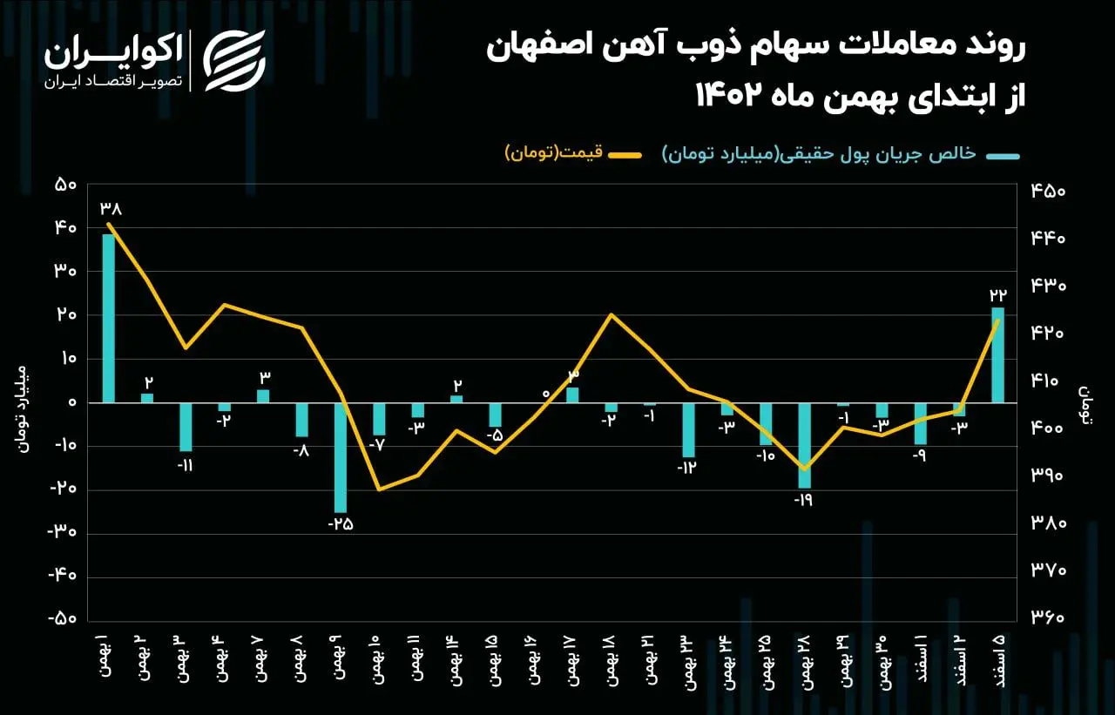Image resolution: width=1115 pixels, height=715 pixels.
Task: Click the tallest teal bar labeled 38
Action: click(x=109, y=318)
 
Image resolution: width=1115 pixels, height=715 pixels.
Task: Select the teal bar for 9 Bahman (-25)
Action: click(x=340, y=457)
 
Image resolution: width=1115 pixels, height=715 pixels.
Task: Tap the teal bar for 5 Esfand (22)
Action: click(x=997, y=355)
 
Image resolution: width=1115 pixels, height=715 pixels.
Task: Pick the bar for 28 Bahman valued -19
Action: click(x=804, y=445)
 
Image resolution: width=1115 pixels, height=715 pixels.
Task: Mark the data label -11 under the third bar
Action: click(x=186, y=465)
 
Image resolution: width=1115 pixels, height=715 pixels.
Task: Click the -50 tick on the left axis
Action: click(x=64, y=619)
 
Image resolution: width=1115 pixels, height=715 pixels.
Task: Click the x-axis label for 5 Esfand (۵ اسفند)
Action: click(x=998, y=664)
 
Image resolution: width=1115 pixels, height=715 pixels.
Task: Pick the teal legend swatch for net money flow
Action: click(x=1002, y=156)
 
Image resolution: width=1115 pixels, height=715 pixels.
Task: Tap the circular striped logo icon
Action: click(x=234, y=61)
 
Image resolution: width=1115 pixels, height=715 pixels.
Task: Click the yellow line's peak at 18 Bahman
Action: click(x=612, y=314)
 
